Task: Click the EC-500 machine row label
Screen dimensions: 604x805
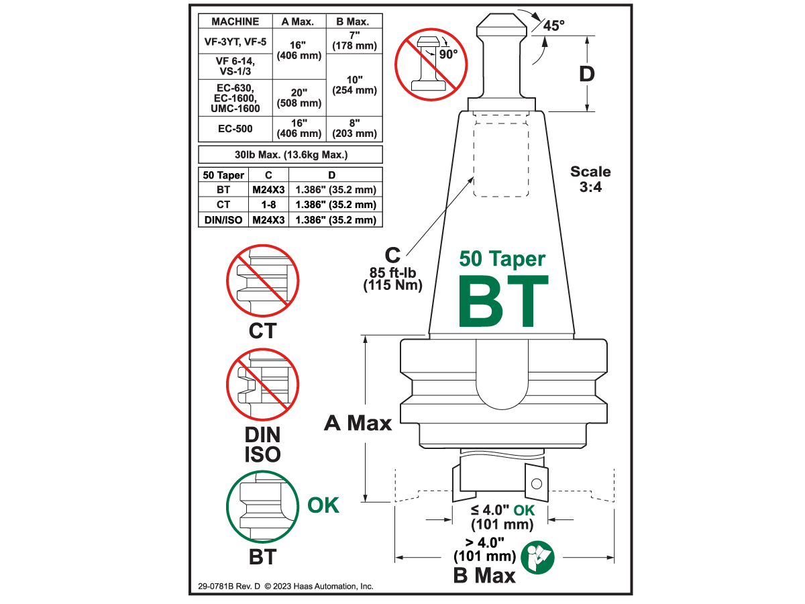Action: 235,129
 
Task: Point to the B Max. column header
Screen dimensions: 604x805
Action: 354,21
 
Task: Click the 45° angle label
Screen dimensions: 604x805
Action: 553,26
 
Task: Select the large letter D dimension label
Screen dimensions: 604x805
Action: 587,74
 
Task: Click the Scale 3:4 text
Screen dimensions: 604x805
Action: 590,179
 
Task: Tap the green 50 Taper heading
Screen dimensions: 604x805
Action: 502,258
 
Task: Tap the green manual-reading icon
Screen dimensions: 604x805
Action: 539,556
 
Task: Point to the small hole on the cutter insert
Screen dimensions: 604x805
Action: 535,483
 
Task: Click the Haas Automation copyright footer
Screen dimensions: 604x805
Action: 286,586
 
